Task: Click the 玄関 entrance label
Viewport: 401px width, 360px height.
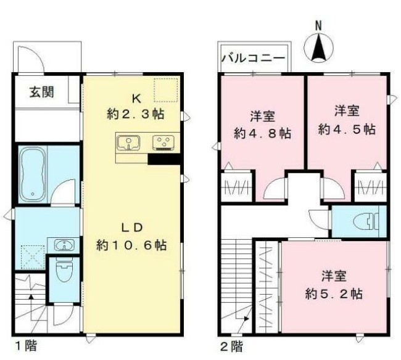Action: click(41, 92)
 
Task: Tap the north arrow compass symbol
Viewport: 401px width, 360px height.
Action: click(318, 48)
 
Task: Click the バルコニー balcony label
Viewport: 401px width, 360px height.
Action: click(252, 60)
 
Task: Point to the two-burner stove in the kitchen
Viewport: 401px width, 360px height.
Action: click(164, 143)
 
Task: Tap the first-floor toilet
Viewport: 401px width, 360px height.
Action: click(63, 269)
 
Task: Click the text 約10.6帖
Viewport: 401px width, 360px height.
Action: click(131, 245)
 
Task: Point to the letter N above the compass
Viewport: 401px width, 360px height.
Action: click(318, 26)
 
